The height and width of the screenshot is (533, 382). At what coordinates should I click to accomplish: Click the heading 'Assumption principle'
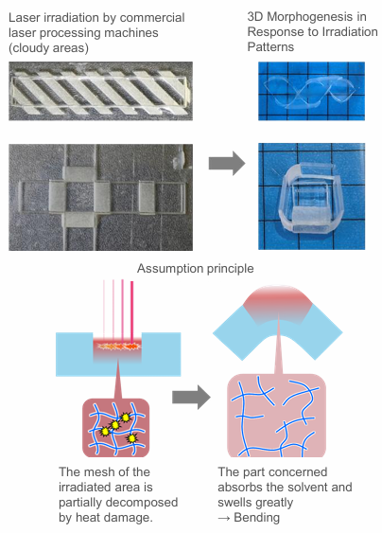point(195,269)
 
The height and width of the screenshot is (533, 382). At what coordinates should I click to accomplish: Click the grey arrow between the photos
point(227,163)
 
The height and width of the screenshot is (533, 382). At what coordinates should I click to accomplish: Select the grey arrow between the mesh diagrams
point(191,397)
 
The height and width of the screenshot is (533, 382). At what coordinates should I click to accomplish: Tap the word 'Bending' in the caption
point(256,517)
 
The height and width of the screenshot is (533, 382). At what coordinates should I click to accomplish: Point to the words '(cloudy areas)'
point(48,48)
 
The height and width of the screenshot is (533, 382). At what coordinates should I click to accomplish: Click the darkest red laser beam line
point(131,312)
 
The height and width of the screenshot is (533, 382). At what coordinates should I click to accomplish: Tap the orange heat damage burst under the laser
point(118,346)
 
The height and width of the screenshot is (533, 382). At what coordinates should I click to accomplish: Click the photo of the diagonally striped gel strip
point(100,91)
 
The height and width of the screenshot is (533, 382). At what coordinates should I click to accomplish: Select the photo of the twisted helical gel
point(311,91)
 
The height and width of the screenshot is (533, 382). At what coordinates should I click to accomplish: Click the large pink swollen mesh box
point(276,415)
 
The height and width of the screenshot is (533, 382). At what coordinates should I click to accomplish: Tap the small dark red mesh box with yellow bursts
point(115,428)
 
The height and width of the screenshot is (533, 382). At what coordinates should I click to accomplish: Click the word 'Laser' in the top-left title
point(24,18)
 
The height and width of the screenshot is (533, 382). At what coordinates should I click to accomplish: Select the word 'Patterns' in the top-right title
point(270,47)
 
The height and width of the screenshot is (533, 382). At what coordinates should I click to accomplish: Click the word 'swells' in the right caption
point(234,503)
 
